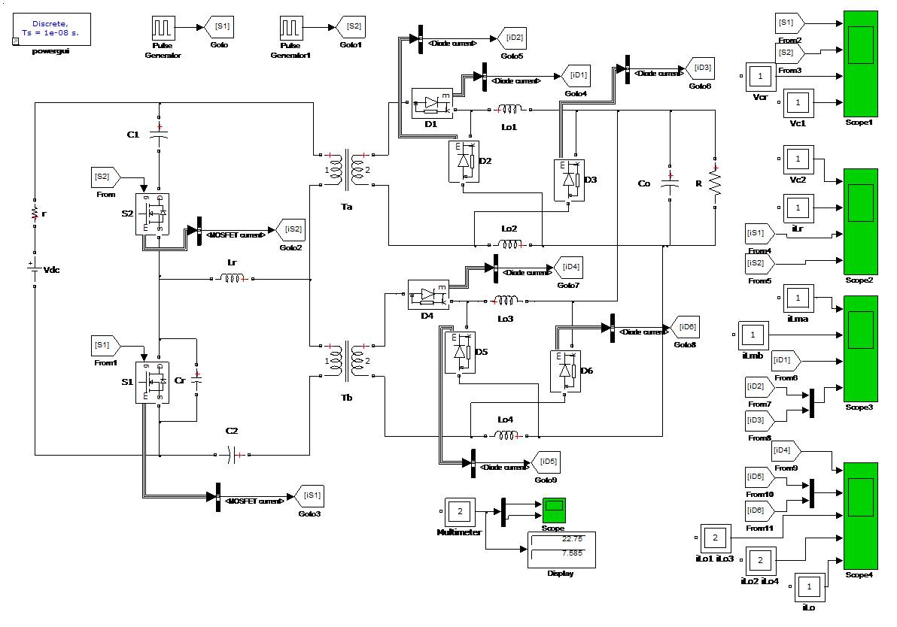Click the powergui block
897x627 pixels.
pyautogui.click(x=52, y=29)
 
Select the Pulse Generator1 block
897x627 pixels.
pyautogui.click(x=290, y=29)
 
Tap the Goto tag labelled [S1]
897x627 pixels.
pyautogui.click(x=222, y=27)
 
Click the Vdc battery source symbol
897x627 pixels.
pyautogui.click(x=34, y=268)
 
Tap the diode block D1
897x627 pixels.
pyautogui.click(x=431, y=104)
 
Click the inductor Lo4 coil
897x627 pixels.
pyautogui.click(x=505, y=435)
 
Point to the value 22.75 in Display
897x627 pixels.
pyautogui.click(x=571, y=539)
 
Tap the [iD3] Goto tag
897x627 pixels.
pyautogui.click(x=701, y=68)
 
